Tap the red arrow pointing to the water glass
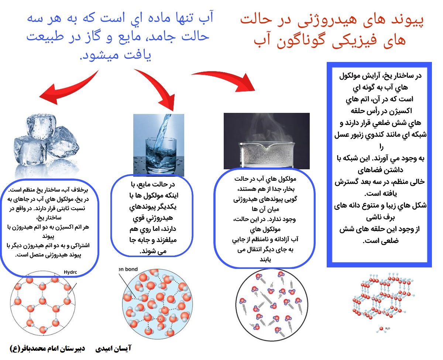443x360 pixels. click(x=160, y=87)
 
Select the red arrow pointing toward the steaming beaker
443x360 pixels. click(x=227, y=77)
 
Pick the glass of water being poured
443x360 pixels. click(x=159, y=145)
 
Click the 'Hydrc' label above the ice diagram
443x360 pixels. click(x=70, y=272)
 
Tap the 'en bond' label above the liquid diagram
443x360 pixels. click(x=128, y=269)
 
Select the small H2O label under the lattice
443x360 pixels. click(x=388, y=328)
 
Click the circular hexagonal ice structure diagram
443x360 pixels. click(x=43, y=303)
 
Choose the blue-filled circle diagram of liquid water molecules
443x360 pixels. click(x=157, y=304)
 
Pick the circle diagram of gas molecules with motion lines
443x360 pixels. click(x=272, y=306)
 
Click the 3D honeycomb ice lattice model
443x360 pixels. click(x=383, y=296)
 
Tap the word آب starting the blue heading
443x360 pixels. click(x=206, y=18)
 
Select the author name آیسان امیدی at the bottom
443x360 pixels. click(x=113, y=348)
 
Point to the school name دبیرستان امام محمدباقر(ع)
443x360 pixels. click(x=47, y=348)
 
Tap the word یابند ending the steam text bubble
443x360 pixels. click(x=265, y=260)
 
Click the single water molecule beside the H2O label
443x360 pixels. click(x=381, y=329)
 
